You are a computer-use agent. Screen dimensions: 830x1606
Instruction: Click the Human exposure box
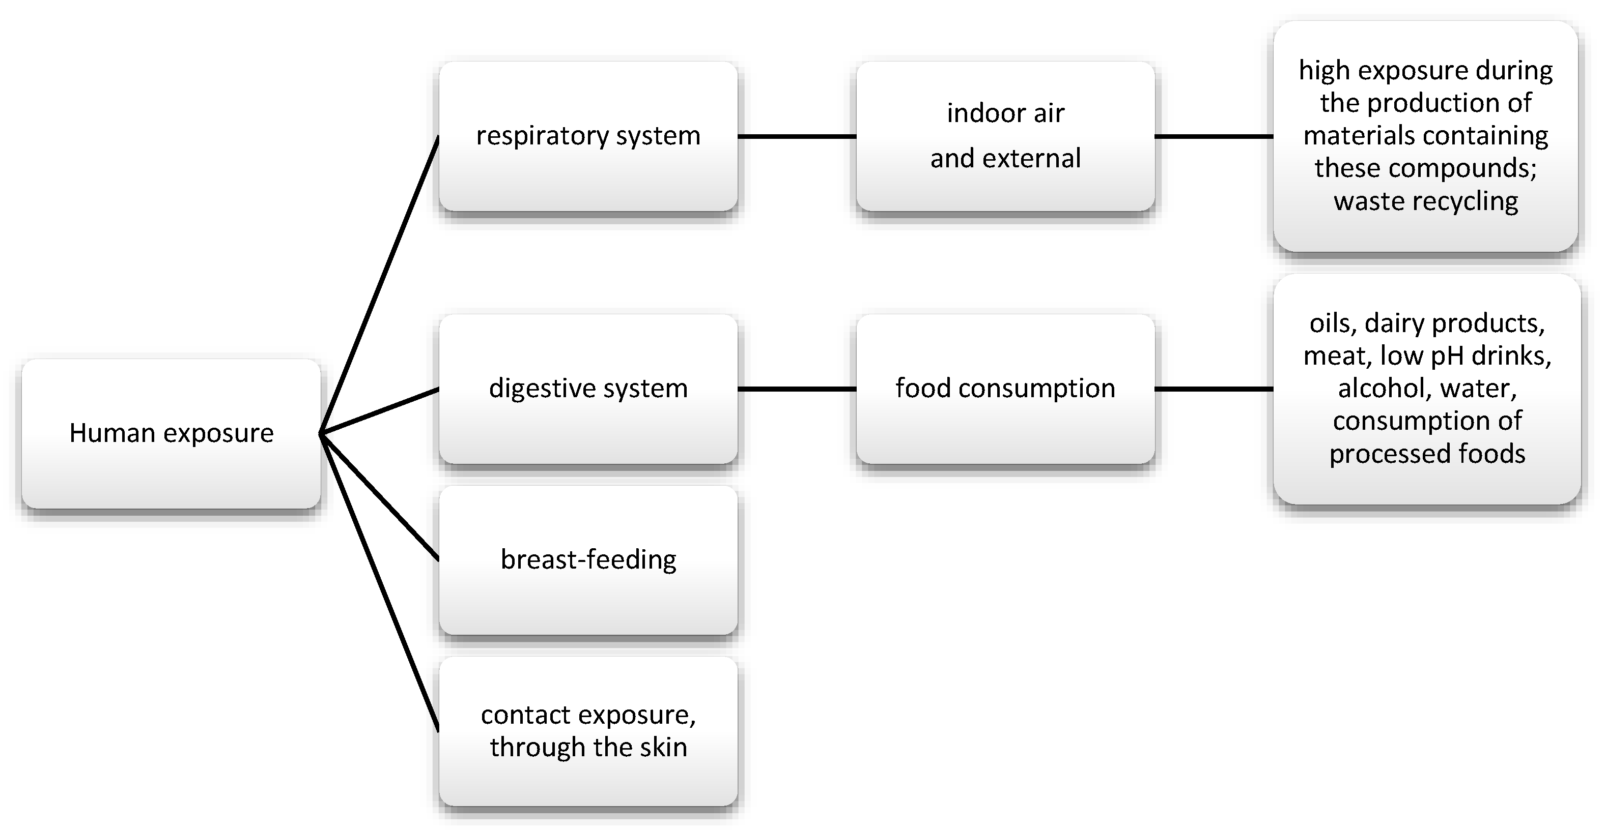click(171, 434)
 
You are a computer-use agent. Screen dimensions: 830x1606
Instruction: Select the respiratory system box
click(588, 136)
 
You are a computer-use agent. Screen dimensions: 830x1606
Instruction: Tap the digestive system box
click(588, 389)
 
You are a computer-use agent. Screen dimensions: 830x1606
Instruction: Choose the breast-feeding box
click(588, 559)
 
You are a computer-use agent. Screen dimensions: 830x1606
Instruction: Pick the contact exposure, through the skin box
click(588, 731)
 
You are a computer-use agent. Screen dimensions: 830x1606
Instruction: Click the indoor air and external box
click(1005, 136)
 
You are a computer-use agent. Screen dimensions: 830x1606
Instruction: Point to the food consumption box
click(1005, 389)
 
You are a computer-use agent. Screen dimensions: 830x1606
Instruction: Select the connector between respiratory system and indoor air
click(797, 136)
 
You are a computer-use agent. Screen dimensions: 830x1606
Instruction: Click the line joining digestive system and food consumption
click(797, 389)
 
